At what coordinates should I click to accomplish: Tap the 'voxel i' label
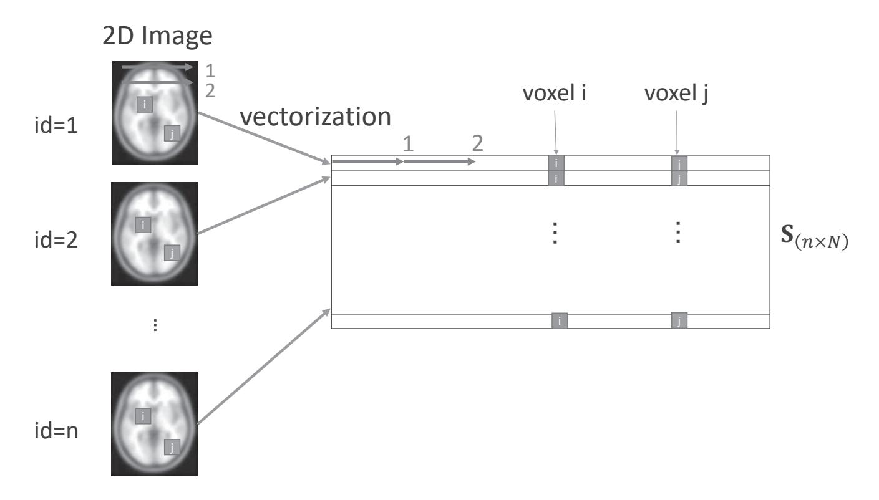[555, 95]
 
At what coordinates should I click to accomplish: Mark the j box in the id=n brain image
[172, 446]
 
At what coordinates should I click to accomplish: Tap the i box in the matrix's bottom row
[560, 321]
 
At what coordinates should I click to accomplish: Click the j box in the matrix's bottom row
[679, 321]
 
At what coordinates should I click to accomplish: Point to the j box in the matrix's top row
[679, 163]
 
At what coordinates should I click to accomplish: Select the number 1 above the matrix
[408, 145]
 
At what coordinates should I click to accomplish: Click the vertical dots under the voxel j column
[679, 234]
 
